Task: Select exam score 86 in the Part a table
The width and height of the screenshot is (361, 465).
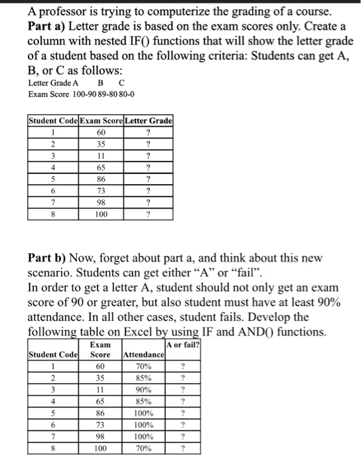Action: click(100, 179)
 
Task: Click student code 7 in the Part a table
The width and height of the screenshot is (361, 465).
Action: click(53, 203)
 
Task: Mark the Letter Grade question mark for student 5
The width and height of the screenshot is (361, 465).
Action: click(149, 179)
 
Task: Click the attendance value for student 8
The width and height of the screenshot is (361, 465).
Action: click(143, 448)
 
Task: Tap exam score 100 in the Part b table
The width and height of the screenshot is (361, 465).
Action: click(100, 448)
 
